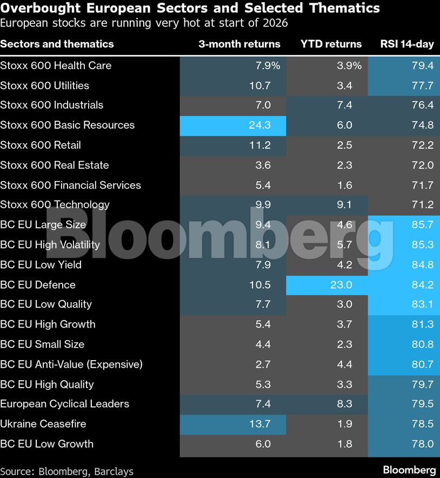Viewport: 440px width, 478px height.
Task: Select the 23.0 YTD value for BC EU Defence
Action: tap(342, 284)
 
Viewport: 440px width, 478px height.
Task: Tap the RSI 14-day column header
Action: tap(407, 44)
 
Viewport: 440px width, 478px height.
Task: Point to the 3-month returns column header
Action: tap(239, 44)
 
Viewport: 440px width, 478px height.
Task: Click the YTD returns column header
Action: tap(331, 44)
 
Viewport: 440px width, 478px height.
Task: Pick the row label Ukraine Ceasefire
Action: tap(43, 424)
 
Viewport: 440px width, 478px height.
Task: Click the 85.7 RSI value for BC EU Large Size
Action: tap(422, 225)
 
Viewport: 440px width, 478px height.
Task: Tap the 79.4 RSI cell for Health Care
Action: tap(422, 65)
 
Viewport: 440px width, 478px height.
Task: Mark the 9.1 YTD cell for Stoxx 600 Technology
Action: tap(345, 205)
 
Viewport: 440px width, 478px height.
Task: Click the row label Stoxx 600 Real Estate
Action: tap(55, 165)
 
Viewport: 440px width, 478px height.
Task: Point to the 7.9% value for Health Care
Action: tap(267, 65)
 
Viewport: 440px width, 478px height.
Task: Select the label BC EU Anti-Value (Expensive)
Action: tap(71, 364)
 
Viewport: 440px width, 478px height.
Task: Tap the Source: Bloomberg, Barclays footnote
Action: tap(66, 471)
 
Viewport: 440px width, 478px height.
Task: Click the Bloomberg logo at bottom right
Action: tap(409, 470)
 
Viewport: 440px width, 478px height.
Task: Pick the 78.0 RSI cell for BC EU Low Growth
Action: tap(422, 444)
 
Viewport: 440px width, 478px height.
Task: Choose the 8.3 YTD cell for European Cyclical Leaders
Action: tap(345, 404)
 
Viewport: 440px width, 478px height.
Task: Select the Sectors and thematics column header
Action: tap(57, 44)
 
